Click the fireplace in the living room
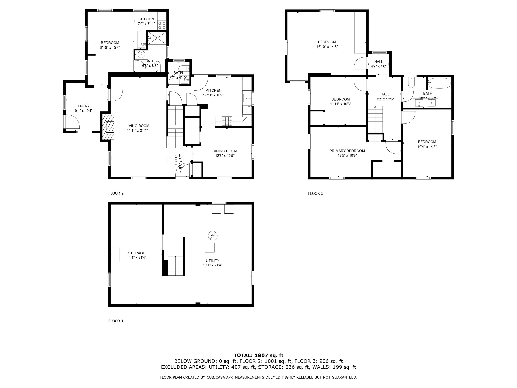coord(108,127)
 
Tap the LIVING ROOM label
coord(138,126)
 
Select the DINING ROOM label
coord(225,151)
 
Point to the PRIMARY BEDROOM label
coord(347,151)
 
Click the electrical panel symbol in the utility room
coord(212,236)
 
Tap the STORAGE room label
coord(137,253)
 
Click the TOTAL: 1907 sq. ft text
coord(258,356)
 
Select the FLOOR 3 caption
coord(316,193)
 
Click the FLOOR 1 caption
coord(116,321)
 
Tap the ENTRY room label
coord(84,106)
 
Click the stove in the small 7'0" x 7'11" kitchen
coord(162,25)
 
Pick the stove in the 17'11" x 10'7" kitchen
coord(227,121)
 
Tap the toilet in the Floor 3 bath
coord(411,83)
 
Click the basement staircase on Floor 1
coord(175,265)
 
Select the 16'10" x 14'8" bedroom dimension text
coord(327,47)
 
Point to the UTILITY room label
coord(213,261)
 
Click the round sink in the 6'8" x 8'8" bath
coord(141,54)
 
